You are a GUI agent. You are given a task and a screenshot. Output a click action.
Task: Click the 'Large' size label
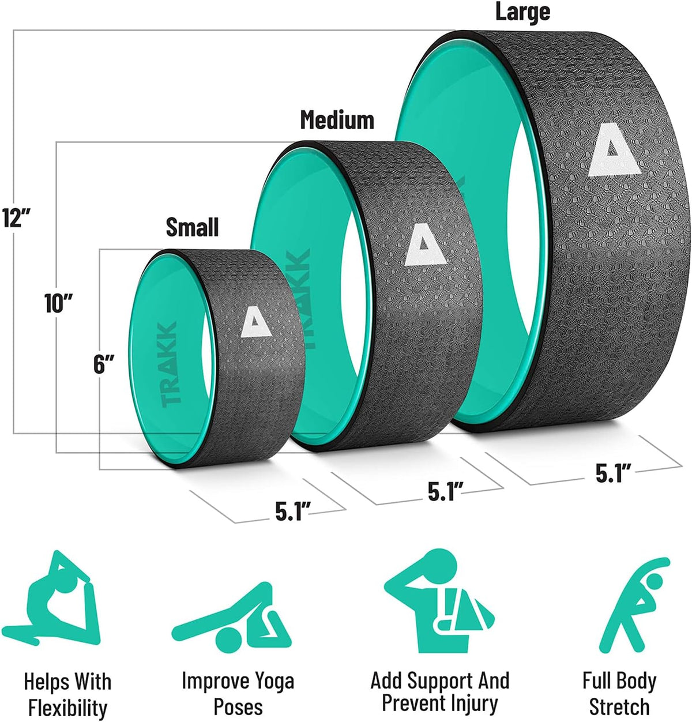pos(522,12)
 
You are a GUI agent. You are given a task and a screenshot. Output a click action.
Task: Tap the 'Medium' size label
pos(337,120)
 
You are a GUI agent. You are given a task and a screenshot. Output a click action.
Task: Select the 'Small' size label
pos(192,227)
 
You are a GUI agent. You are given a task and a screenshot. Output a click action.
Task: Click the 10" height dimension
pos(58,303)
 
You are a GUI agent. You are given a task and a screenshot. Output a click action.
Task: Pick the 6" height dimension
pos(104,364)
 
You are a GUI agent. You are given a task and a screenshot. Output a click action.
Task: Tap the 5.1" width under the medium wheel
pos(445,492)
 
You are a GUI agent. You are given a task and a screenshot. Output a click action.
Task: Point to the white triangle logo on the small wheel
pos(256,322)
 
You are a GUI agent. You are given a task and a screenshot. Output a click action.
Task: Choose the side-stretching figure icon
pos(634,605)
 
